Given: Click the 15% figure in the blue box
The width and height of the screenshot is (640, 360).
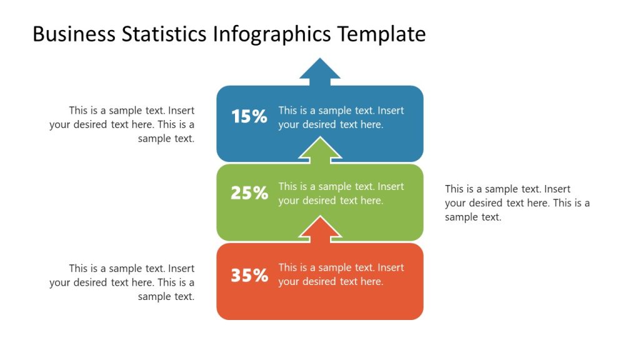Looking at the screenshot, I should (249, 116).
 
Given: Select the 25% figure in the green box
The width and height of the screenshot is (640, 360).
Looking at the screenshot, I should (249, 193).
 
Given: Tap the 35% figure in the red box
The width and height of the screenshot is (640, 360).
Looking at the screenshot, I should (249, 276).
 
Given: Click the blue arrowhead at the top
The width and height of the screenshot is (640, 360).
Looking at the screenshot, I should (320, 70).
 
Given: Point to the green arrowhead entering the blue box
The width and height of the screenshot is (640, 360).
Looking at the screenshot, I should (320, 150).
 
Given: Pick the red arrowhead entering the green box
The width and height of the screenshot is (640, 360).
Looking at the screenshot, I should (320, 229).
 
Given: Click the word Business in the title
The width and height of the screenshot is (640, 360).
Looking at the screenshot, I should (74, 34).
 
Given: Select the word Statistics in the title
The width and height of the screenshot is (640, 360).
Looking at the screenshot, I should (164, 34).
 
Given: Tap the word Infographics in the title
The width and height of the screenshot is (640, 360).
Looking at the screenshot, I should (272, 34).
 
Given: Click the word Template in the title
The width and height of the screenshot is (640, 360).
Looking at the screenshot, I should (382, 34).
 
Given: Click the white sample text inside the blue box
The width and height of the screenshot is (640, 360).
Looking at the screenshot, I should (341, 117).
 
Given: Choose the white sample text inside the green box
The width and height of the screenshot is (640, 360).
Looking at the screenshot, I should (341, 194).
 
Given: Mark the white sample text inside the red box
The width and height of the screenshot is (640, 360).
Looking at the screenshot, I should (341, 275).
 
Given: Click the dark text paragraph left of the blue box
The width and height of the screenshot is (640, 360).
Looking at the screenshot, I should (122, 124).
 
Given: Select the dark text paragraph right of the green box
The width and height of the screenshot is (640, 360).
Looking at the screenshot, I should (517, 203).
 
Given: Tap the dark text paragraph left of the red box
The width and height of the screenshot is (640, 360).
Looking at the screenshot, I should (122, 282).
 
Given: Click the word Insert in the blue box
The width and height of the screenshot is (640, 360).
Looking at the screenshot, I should (391, 111).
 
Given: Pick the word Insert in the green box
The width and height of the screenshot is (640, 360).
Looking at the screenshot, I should (391, 187).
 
